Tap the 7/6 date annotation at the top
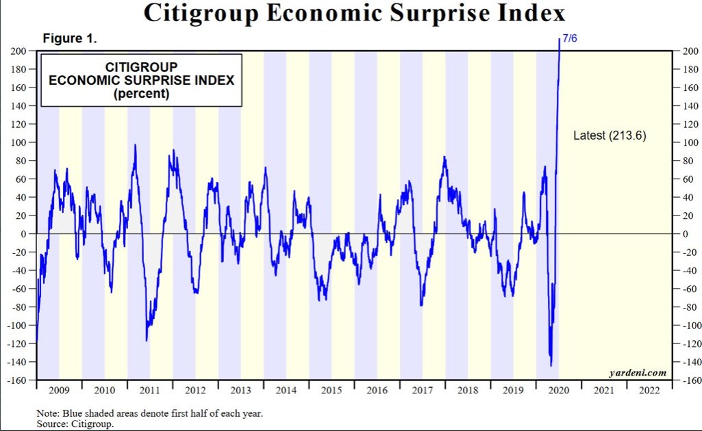[x=570, y=39]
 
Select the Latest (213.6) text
[x=609, y=136]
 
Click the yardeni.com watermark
[x=638, y=373]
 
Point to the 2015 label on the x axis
[x=331, y=391]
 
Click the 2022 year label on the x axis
[x=649, y=391]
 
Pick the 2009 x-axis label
[x=59, y=391]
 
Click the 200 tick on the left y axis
[x=18, y=51]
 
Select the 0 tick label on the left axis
[x=23, y=234]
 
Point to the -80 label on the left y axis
[x=17, y=307]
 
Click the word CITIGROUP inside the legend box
[x=141, y=67]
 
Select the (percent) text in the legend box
[x=141, y=94]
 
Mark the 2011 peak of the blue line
[x=135, y=145]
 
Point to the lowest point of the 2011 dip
[x=147, y=341]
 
